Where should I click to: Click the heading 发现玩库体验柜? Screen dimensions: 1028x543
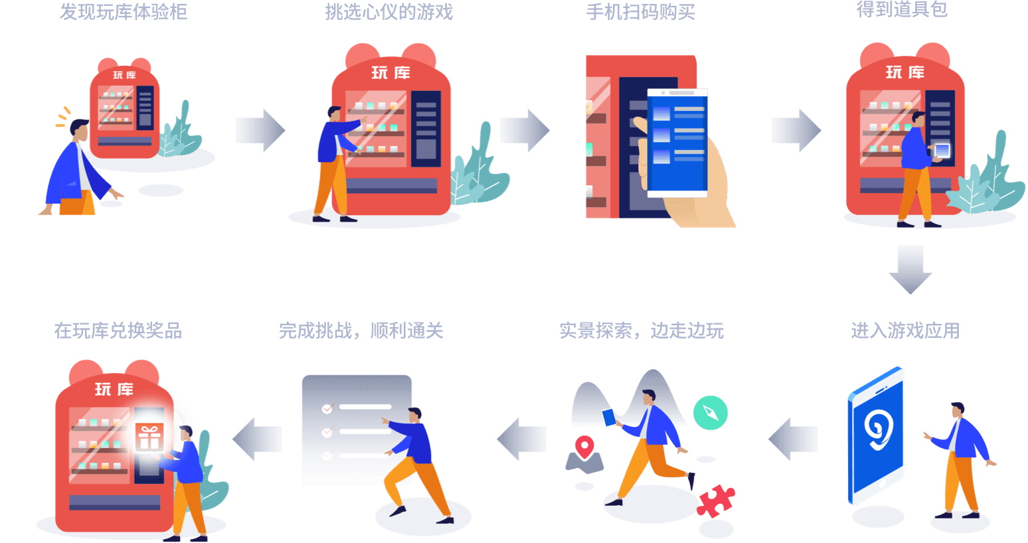[x=124, y=12]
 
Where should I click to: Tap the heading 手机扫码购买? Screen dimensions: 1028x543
[x=641, y=12]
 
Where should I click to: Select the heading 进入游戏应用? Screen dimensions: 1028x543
[x=905, y=331]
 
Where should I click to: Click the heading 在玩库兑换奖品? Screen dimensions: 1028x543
[x=118, y=331]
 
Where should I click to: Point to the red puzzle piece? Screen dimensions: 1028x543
[x=715, y=501]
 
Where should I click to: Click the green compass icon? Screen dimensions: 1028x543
[x=711, y=413]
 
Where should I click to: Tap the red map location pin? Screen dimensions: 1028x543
[x=584, y=447]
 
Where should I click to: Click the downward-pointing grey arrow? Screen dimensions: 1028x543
[x=910, y=270]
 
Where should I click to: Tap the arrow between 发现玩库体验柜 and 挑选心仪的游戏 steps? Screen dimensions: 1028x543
[x=260, y=130]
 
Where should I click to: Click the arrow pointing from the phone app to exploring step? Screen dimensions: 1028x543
[x=793, y=439]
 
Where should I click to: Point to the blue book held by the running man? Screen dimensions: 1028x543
[x=609, y=418]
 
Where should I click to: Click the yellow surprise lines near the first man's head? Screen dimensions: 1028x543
[x=63, y=117]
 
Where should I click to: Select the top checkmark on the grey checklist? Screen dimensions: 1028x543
[x=327, y=408]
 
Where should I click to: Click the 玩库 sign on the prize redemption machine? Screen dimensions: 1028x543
[x=114, y=390]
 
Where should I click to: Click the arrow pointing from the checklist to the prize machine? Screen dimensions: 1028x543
[x=258, y=439]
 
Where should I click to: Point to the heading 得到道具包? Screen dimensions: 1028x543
[x=902, y=10]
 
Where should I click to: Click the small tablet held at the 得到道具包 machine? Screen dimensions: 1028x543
[x=942, y=151]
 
